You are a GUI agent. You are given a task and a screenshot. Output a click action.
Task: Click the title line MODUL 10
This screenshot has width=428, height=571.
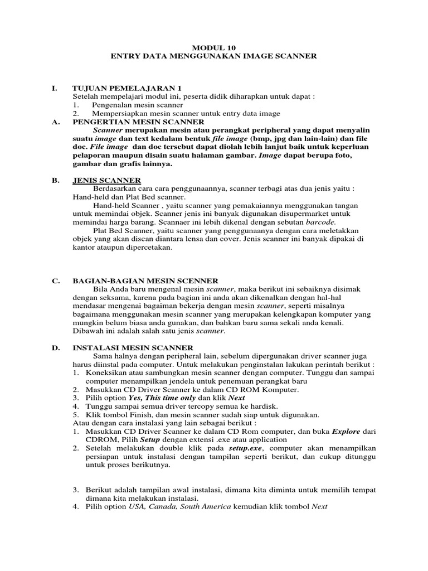[213, 47]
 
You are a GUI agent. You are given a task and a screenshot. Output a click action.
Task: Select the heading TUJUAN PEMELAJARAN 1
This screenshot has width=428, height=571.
[127, 88]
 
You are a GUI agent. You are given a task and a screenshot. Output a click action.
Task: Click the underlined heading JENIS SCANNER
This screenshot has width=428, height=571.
[106, 180]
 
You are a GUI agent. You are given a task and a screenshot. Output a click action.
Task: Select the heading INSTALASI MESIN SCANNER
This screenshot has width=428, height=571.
[133, 347]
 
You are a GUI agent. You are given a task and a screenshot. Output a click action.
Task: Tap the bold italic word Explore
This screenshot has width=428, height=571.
[347, 431]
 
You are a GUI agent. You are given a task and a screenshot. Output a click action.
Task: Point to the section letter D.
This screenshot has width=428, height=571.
[55, 347]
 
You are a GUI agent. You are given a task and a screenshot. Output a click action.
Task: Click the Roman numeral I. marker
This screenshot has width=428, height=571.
[54, 88]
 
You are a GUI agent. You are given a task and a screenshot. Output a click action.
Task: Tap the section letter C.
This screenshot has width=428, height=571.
[55, 280]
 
